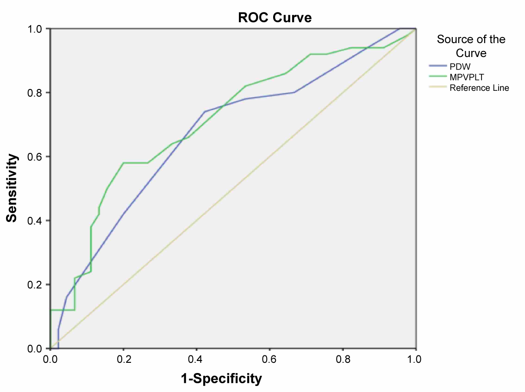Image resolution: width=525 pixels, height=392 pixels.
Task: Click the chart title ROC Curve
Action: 275,18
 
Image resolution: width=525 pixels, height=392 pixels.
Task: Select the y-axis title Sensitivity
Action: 12,188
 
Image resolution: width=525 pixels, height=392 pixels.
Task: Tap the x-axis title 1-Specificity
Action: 221,379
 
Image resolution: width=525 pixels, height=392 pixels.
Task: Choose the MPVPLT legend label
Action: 467,77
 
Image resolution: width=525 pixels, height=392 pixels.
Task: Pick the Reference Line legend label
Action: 479,88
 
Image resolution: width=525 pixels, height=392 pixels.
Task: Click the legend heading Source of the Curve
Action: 471,46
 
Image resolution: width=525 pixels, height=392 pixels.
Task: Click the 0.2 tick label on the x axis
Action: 123,358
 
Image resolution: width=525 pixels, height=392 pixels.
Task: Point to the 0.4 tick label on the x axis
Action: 196,358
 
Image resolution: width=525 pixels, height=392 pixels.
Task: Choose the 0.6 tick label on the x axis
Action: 269,358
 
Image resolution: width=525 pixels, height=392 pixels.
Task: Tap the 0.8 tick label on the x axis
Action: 343,358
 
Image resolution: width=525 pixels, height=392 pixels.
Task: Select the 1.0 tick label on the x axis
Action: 415,358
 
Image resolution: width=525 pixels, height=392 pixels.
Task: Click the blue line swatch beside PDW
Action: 437,66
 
